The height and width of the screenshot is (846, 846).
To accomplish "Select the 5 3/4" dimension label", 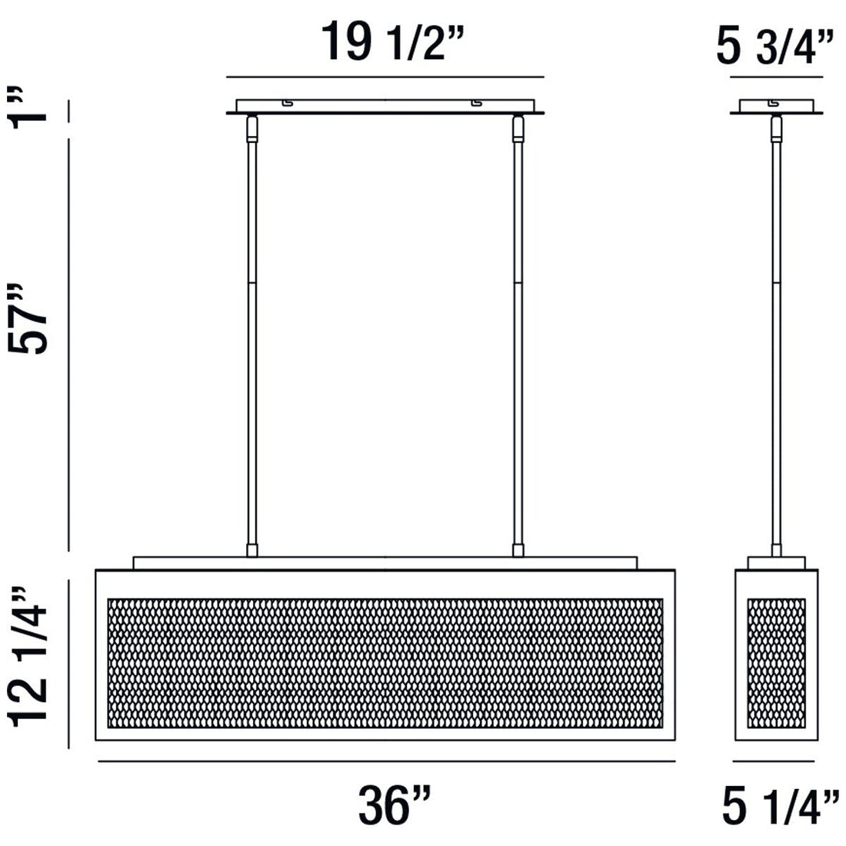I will point(774,48).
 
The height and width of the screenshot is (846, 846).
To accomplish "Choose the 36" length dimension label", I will point(394,805).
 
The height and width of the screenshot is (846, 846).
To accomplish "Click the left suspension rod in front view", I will point(251,331).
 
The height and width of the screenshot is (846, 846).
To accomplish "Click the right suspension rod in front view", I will point(518,331).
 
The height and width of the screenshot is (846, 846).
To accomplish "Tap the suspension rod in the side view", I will point(775,331).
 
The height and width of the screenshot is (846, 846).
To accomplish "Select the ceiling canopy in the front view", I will point(385,106).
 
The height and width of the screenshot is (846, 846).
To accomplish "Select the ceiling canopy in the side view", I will point(775,106).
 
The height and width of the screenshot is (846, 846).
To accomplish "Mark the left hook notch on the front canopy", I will point(287,102).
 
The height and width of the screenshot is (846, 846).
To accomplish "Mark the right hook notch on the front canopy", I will point(477,102).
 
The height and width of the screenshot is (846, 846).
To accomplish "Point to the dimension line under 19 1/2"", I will point(385,77).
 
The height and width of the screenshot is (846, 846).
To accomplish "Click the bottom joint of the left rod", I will point(251,550).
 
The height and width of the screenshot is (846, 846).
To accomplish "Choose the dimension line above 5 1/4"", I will point(773,761).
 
